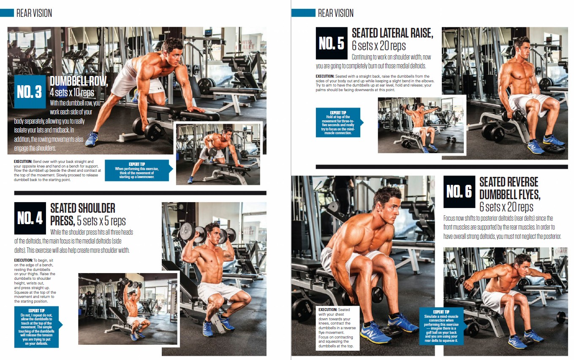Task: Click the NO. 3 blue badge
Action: pos(30,92)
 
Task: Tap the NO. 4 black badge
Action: pos(30,218)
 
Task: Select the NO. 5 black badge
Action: pos(332,43)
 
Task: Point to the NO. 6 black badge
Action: pos(459,192)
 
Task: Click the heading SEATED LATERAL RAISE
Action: pos(392,33)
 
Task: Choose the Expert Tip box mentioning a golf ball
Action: pos(441,326)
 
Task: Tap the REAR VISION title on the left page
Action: pos(34,13)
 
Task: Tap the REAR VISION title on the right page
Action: pos(336,13)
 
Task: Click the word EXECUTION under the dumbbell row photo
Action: pos(23,162)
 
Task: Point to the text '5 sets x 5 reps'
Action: pos(101,221)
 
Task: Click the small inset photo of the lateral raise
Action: pos(421,125)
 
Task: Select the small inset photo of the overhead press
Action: pos(128,309)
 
